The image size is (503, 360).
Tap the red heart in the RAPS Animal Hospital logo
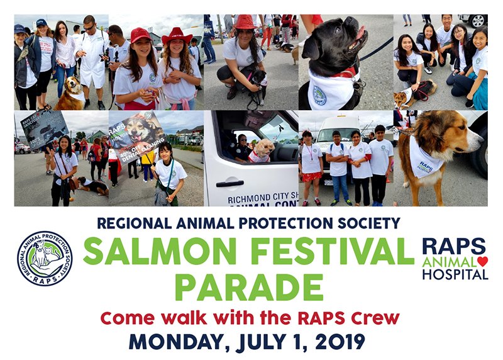pyautogui.click(x=483, y=261)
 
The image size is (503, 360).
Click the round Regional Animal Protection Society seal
pyautogui.click(x=45, y=258)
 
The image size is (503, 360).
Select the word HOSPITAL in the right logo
pyautogui.click(x=455, y=274)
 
